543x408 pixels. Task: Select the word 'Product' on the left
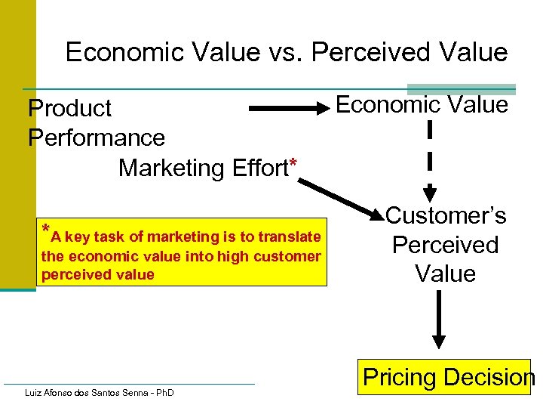(x=69, y=109)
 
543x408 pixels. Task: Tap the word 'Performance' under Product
(x=97, y=138)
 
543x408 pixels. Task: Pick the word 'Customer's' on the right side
(x=446, y=216)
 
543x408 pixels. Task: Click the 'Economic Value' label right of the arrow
(x=422, y=105)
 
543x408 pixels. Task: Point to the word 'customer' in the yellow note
(x=287, y=256)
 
